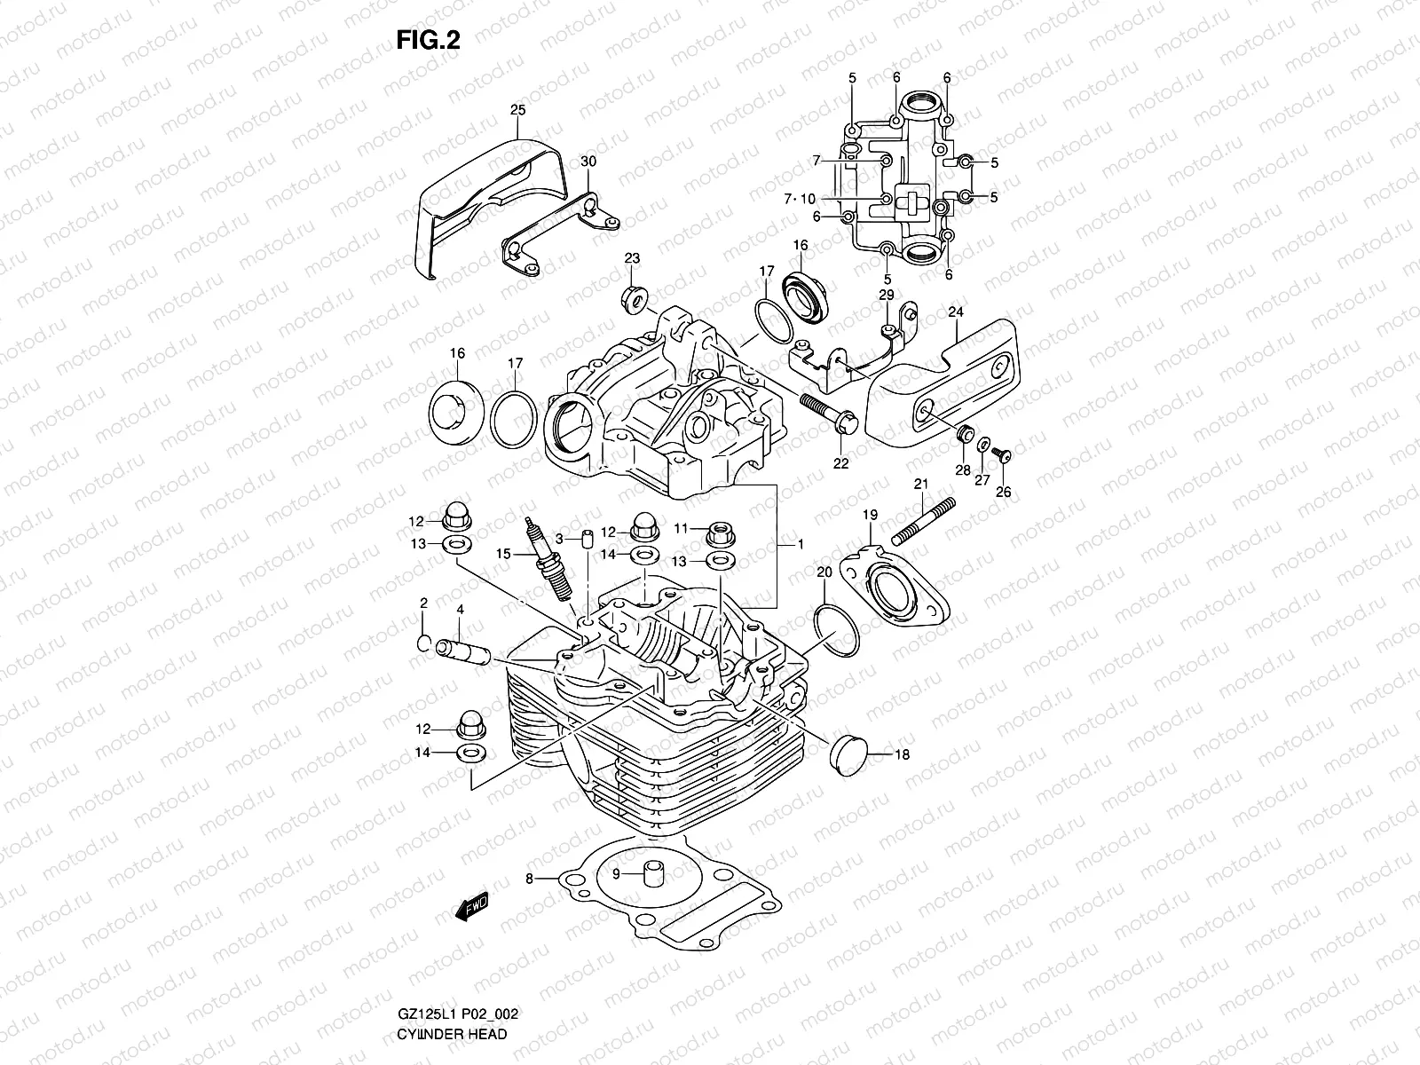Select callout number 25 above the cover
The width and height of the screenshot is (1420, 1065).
point(518,110)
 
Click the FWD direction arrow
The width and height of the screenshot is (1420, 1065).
point(470,903)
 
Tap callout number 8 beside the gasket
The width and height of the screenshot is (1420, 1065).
point(529,879)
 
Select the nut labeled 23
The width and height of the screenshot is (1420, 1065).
point(635,299)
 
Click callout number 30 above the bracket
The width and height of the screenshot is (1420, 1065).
point(588,162)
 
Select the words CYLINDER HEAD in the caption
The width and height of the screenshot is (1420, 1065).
point(452,1034)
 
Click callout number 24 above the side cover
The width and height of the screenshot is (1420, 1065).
point(955,312)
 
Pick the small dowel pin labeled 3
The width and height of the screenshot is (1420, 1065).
point(587,540)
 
